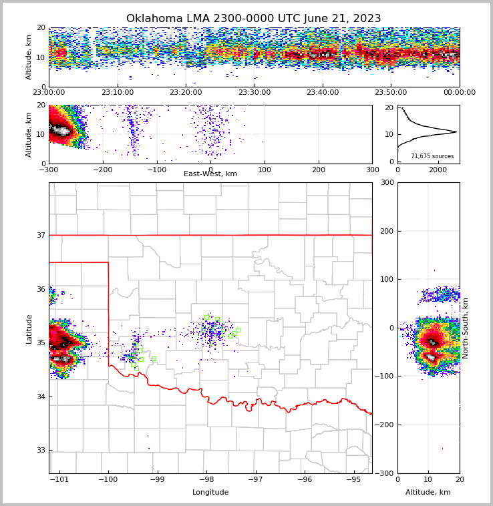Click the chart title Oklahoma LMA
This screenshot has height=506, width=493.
click(x=253, y=19)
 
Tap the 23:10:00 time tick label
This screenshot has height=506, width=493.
click(x=117, y=93)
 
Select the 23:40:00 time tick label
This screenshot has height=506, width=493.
click(x=323, y=93)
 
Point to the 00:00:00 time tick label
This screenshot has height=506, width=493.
click(x=460, y=93)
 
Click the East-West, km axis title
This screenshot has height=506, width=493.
click(x=210, y=174)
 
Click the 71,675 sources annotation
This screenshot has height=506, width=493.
click(x=432, y=156)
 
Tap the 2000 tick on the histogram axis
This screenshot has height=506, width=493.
click(x=438, y=170)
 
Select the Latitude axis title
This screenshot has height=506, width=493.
click(x=29, y=328)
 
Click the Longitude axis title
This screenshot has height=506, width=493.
click(x=210, y=493)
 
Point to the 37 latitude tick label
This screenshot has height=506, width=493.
click(x=41, y=235)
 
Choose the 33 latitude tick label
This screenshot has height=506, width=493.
click(x=41, y=450)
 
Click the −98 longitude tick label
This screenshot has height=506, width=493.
click(x=206, y=480)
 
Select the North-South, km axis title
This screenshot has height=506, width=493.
click(x=466, y=328)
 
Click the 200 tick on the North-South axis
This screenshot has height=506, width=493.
click(x=385, y=231)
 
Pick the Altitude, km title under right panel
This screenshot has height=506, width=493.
click(x=428, y=493)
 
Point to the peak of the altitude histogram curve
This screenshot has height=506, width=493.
click(x=456, y=132)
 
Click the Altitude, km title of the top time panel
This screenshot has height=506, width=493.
click(x=29, y=57)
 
